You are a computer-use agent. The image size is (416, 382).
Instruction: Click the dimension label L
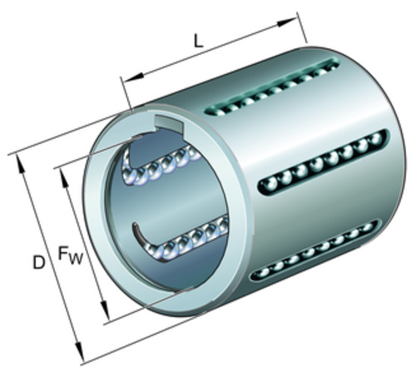click(x=198, y=42)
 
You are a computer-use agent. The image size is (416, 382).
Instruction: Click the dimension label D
click(x=39, y=262)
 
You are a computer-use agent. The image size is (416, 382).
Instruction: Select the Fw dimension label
click(x=71, y=255)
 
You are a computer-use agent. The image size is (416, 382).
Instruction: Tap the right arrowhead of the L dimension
click(x=287, y=22)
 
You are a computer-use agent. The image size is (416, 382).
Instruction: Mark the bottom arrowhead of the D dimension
click(x=79, y=352)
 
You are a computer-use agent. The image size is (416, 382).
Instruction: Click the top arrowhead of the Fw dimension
click(x=64, y=179)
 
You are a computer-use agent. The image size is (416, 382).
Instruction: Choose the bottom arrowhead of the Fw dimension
click(x=105, y=310)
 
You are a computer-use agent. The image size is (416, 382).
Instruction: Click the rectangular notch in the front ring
click(x=168, y=123)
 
